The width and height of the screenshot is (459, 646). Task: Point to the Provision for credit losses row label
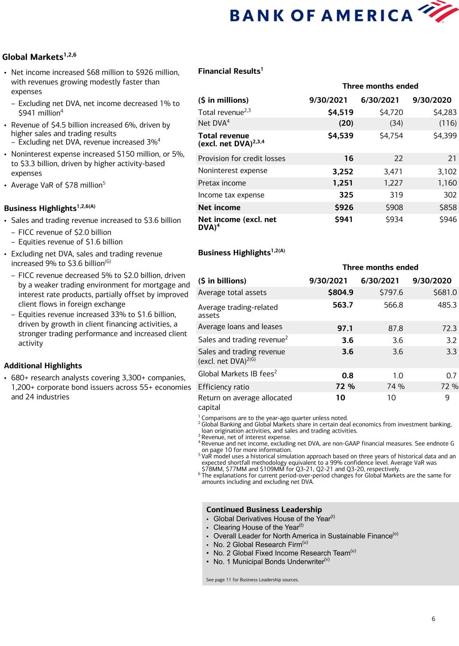242,159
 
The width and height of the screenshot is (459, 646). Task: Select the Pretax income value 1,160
447,183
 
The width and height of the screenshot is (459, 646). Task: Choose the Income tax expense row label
231,195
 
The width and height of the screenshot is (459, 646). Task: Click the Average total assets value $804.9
340,292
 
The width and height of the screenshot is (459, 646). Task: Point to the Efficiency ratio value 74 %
396,387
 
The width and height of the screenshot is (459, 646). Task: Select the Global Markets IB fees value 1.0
398,375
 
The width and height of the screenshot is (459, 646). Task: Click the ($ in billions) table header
222,281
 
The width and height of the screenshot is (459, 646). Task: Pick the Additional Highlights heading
43,366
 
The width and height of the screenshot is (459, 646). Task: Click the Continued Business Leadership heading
264,510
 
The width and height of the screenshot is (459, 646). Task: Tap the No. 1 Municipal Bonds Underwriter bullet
268,562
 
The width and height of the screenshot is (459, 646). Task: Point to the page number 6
433,619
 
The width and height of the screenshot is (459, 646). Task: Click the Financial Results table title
230,71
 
